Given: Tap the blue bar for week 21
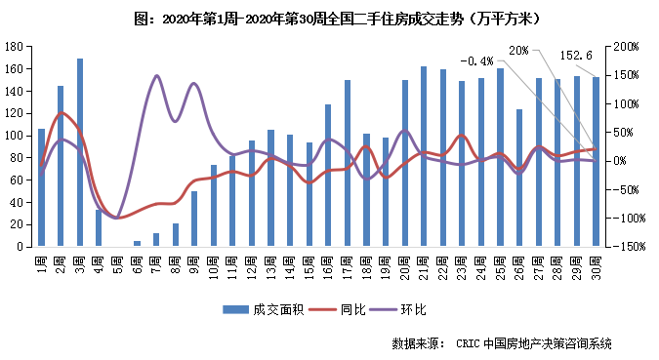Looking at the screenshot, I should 423,156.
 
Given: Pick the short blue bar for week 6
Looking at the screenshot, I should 137,243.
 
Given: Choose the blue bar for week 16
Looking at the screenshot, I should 328,176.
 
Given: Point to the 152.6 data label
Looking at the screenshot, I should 578,56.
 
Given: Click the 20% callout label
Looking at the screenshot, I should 519,49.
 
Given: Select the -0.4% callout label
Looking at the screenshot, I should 474,60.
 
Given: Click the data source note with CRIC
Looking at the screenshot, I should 501,342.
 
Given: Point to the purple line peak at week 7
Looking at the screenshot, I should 156,76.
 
